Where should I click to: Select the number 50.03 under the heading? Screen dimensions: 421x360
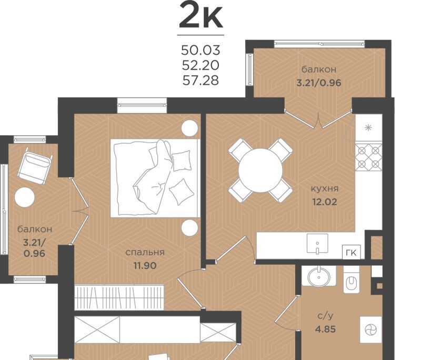(x=201, y=50)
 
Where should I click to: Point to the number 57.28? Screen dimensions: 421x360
(x=201, y=81)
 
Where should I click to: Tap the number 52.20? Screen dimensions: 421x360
(x=201, y=65)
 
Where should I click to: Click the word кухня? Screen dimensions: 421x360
(x=325, y=189)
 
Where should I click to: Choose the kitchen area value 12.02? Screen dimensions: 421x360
(x=325, y=202)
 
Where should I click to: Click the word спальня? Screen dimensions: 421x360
(x=145, y=253)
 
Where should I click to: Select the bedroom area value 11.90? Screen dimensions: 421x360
(x=145, y=265)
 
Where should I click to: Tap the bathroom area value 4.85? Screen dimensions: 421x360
(x=325, y=329)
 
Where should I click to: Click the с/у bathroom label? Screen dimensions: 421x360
(x=325, y=316)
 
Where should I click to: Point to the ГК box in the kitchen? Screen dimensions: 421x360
(x=351, y=252)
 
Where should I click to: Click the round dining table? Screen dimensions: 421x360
(x=260, y=170)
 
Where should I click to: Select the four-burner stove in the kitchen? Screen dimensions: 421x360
(x=369, y=157)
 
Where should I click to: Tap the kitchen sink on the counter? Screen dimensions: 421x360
(x=317, y=244)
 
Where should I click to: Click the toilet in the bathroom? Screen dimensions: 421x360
(x=351, y=279)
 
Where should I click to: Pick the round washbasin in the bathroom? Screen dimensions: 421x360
(x=319, y=276)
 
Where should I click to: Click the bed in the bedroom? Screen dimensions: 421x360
(x=155, y=178)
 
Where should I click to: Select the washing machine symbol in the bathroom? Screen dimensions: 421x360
(x=371, y=329)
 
